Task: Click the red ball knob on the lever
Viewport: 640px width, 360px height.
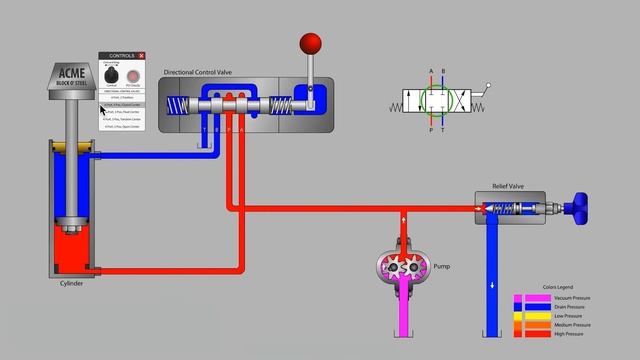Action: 311,44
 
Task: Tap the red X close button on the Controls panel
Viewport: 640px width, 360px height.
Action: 142,56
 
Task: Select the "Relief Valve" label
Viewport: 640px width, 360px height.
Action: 508,187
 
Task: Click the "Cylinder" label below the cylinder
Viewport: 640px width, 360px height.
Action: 71,283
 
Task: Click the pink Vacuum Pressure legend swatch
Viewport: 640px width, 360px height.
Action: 531,298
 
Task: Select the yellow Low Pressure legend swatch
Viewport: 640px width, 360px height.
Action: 531,316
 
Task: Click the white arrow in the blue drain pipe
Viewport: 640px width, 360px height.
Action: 492,285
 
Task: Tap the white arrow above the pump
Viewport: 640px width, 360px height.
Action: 403,222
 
